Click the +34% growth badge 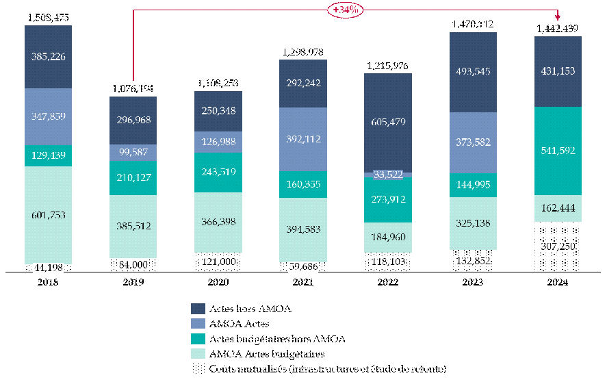pos(346,10)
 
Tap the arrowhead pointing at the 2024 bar pos(558,16)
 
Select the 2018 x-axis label pos(49,282)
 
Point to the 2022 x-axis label pos(387,282)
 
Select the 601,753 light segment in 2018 pos(49,214)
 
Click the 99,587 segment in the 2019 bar pos(133,152)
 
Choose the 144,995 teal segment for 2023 pos(473,185)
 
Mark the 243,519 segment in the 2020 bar pos(218,172)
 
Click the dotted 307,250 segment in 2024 pos(558,246)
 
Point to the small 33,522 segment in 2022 pos(387,174)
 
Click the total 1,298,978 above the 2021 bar pos(303,52)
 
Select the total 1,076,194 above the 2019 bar pos(133,88)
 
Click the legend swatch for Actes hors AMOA pos(198,309)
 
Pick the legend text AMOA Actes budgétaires pos(268,353)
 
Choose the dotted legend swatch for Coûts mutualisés pos(198,368)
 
